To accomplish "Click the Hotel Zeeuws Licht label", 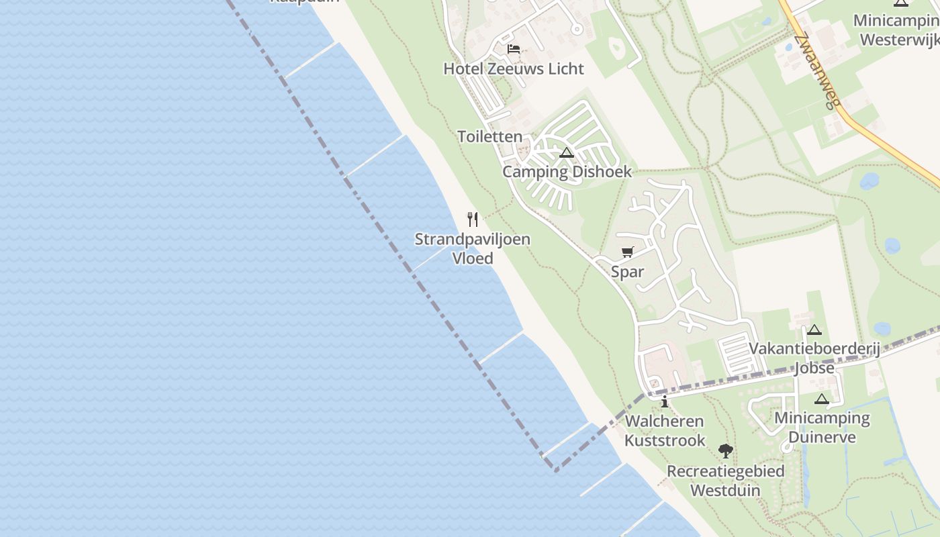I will point(514,68).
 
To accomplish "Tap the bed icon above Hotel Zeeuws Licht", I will point(514,49).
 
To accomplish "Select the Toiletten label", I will point(489,136).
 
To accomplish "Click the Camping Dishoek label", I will point(567,171).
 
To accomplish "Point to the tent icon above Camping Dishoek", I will point(567,153).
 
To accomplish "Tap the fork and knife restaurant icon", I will point(473,219).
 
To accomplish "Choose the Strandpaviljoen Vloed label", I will point(473,248).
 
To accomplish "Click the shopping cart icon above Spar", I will point(627,252).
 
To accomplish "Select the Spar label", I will point(627,272).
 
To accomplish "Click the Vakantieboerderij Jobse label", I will point(800,358).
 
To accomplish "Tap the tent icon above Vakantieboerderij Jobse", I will point(814,330).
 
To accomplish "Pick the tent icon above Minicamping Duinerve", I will point(822,399).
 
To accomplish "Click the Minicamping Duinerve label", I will point(822,428).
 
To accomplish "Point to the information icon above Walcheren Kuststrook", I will point(665,402).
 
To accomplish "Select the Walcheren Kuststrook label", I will point(665,430).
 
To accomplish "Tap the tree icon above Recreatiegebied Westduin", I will point(725,451).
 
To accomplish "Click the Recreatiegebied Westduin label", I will point(725,480).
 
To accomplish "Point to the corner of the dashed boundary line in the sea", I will point(555,470).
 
